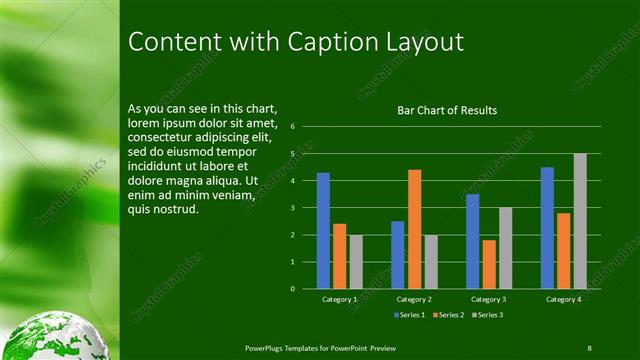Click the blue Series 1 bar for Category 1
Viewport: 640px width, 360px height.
coord(323,231)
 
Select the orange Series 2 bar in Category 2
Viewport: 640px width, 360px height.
coord(414,229)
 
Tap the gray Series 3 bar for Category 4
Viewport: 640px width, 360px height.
coord(580,221)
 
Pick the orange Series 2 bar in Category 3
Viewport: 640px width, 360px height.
coord(489,264)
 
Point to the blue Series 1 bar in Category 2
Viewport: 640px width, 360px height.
coord(398,255)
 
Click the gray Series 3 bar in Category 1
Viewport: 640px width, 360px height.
coord(356,261)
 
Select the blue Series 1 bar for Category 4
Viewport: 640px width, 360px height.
coord(547,228)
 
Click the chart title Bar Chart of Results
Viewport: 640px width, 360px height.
coord(447,110)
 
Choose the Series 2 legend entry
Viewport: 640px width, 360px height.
coord(448,315)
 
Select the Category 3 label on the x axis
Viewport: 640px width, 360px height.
coord(489,299)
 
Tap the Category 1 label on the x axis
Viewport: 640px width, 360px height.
coord(339,299)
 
